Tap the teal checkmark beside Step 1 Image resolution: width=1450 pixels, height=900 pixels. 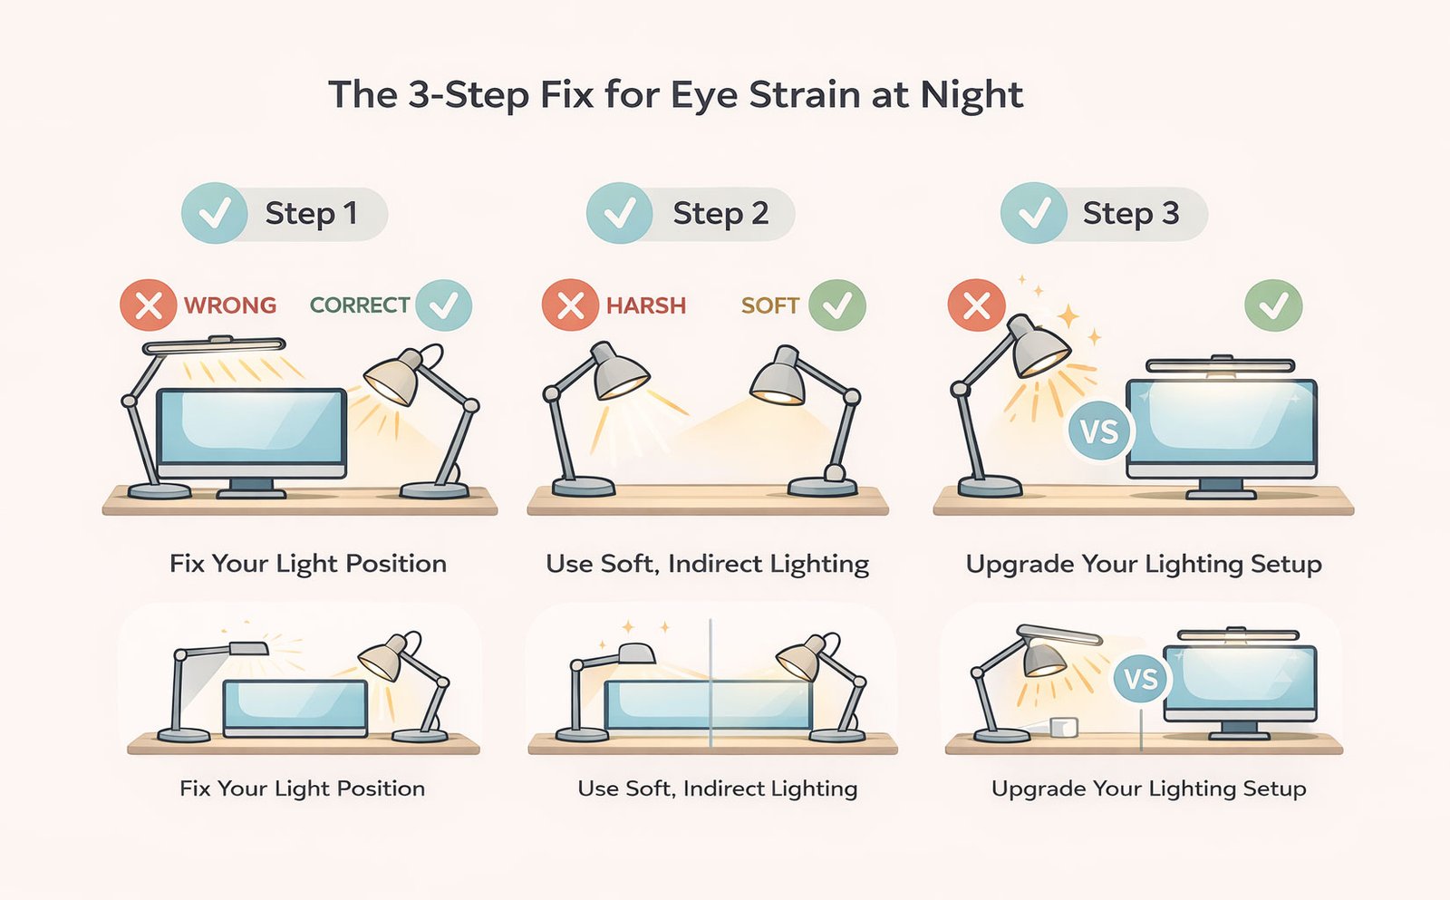coord(215,214)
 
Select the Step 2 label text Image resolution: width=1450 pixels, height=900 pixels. coord(720,214)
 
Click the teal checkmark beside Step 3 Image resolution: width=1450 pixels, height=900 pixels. coord(1034,214)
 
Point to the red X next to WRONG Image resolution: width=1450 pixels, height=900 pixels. coord(148,305)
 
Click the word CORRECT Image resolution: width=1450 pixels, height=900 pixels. coord(360,305)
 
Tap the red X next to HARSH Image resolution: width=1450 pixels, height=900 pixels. coord(570,305)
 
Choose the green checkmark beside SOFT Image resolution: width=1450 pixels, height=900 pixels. coord(836,305)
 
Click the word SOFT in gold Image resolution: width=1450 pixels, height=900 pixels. coord(769,305)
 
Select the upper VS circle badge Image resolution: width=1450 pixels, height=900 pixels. coord(1099,431)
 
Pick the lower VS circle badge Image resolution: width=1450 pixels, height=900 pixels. coord(1141,678)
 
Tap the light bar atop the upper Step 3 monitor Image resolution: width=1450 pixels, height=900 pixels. coord(1219,366)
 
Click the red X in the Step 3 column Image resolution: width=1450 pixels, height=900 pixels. coord(976,305)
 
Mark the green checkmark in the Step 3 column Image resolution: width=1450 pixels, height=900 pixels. coord(1273,305)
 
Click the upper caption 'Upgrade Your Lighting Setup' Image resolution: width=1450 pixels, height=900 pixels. coord(1144,565)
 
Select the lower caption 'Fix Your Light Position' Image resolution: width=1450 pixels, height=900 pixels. coord(302,789)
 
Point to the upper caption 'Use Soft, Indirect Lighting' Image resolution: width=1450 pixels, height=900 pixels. coord(707,565)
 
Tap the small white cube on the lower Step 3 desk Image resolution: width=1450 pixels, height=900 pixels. coord(1063,727)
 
